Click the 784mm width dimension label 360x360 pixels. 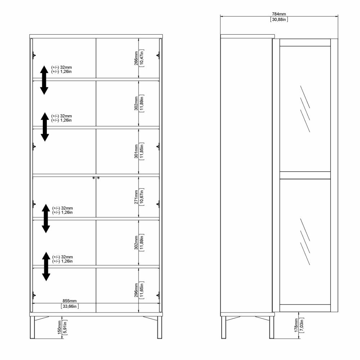pos(279,14)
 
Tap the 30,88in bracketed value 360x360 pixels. pos(279,19)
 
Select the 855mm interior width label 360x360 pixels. pos(69,301)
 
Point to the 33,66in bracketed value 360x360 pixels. pos(70,306)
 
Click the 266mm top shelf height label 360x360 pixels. pos(136,58)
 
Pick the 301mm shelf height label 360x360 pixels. pos(136,151)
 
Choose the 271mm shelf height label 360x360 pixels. pos(136,197)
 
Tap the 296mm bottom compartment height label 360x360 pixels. pos(136,290)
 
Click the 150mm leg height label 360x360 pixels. pos(59,327)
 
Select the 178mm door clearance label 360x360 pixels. pos(296,325)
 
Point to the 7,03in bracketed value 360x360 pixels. pos(302,325)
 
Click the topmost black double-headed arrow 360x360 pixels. pos(44,80)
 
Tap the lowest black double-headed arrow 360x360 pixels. pos(46,266)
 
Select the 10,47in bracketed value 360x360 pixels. pos(141,58)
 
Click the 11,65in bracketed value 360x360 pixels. pos(141,290)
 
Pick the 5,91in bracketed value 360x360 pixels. pos(65,327)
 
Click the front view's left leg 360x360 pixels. pos(32,327)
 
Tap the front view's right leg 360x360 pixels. pos(159,327)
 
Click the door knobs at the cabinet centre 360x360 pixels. pos(96,178)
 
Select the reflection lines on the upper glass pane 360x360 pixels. pos(305,109)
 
